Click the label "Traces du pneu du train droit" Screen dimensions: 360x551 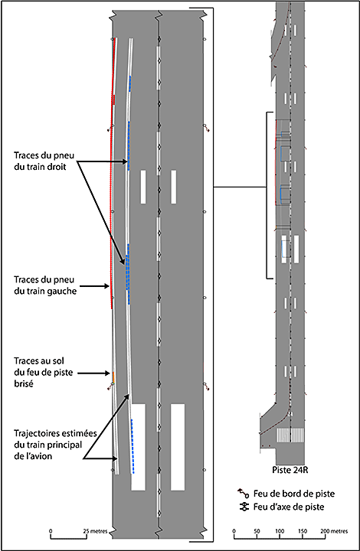44,161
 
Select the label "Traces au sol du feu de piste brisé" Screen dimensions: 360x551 43,372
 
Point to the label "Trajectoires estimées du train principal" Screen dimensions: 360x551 56,445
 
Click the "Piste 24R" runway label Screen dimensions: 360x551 290,469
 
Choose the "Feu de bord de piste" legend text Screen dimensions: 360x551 294,494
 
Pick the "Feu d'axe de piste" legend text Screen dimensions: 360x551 289,507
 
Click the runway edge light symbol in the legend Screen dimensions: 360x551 244,493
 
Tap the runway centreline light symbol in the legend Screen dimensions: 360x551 244,507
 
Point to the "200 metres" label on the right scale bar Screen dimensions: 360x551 334,531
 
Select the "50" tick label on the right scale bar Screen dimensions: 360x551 257,531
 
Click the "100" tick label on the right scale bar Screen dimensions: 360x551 280,531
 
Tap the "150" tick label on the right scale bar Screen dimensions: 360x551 303,531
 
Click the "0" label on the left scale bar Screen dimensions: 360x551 51,531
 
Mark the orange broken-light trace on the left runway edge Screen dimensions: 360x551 113,377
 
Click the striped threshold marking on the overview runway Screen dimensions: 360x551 290,435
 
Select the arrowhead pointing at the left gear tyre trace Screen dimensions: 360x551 108,286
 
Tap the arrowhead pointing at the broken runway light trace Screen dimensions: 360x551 108,373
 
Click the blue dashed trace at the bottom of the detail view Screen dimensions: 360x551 133,446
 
